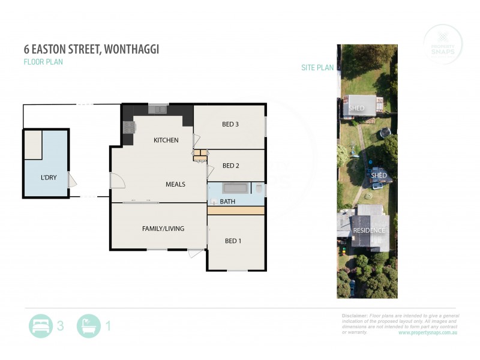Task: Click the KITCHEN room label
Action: pos(166,140)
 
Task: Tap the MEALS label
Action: pos(175,184)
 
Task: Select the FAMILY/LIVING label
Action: pos(163,229)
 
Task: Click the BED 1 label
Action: pos(233,241)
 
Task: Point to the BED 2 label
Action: pos(231,166)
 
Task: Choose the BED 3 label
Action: pos(230,125)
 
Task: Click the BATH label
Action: pos(227,202)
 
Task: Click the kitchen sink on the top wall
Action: pos(159,109)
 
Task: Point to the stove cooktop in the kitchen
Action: pos(128,127)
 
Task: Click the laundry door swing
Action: pos(72,179)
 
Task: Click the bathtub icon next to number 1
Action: pos(89,326)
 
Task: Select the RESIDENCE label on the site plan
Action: pos(368,230)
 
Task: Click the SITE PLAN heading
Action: pos(317,68)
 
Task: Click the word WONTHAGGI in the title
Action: pos(131,49)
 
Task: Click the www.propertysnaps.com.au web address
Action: pos(428,332)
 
